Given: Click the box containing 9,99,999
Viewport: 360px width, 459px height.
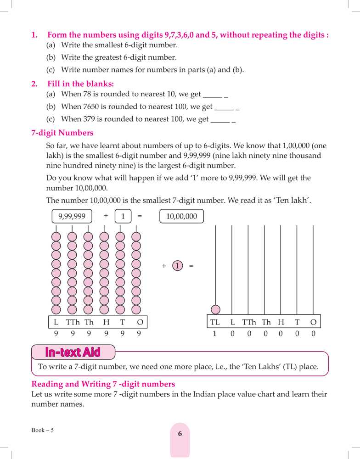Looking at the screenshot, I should coord(72,216).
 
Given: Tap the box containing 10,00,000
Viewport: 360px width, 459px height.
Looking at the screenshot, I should coord(181,216).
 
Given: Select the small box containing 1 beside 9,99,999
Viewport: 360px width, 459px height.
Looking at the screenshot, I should coord(123,216).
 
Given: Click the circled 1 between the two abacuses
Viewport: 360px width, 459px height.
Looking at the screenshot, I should coord(178,266).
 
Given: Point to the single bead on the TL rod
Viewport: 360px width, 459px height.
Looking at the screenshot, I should coord(215,309).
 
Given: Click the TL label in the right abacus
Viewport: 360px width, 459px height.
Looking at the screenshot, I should coord(215,322).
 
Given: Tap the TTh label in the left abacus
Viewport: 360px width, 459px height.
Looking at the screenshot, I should coord(73,322).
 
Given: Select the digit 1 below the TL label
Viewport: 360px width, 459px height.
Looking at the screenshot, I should coord(214,334).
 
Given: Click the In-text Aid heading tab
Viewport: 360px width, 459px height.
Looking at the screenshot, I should coord(73,352).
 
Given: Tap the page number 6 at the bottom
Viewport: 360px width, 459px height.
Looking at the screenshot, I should coord(180,433).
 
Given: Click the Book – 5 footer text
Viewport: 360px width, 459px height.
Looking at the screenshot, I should coord(43,430).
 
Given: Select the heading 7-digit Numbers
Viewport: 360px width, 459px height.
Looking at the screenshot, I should coord(62,134).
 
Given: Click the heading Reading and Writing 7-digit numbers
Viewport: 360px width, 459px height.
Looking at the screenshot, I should coord(103,384).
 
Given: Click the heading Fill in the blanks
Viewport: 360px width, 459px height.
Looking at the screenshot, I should coord(81,84).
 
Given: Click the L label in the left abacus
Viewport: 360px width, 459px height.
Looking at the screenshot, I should coord(56,322).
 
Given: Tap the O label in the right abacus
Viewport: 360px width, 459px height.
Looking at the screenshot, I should coord(313,322).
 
